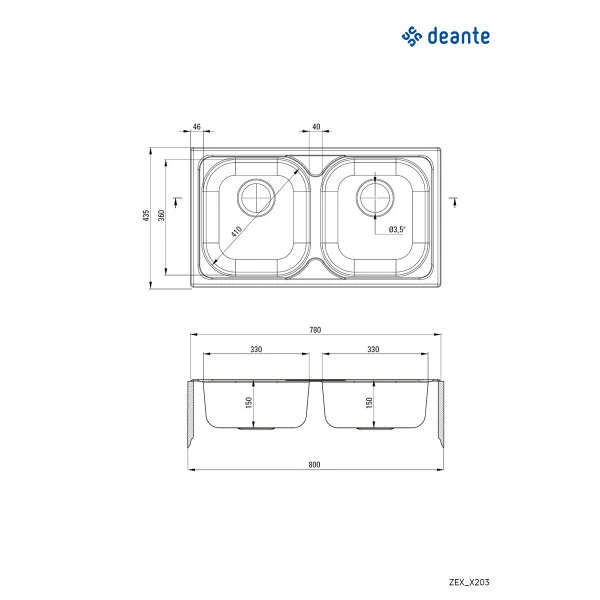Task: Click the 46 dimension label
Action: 196,127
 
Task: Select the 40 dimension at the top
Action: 316,127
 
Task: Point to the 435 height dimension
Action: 146,218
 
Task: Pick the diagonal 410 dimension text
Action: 236,230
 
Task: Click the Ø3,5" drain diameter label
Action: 397,230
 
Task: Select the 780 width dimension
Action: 316,330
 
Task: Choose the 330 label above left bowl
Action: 256,350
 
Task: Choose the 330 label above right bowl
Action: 374,350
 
